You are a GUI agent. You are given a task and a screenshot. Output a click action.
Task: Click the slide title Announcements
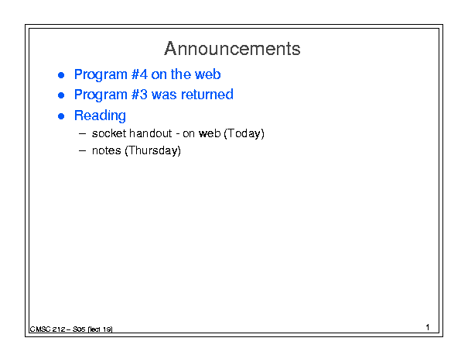pyautogui.click(x=232, y=49)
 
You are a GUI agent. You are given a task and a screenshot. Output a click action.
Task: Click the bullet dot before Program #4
pyautogui.click(x=61, y=75)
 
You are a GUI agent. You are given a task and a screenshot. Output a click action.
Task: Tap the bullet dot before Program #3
pyautogui.click(x=61, y=95)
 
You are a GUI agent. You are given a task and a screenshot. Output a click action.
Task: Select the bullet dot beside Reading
pyautogui.click(x=61, y=116)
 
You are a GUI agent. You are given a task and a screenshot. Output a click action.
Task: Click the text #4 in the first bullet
pyautogui.click(x=139, y=74)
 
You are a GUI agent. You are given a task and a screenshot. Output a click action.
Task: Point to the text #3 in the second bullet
pyautogui.click(x=139, y=95)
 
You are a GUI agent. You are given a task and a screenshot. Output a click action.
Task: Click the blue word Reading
pyautogui.click(x=100, y=116)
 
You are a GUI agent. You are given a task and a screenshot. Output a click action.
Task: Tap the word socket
pyautogui.click(x=109, y=133)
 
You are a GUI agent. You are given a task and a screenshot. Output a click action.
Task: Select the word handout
pyautogui.click(x=150, y=133)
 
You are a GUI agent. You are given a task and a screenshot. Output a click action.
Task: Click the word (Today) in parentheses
pyautogui.click(x=244, y=134)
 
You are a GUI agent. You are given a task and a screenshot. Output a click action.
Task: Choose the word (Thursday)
pyautogui.click(x=153, y=151)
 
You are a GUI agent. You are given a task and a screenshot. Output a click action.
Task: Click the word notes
pyautogui.click(x=106, y=151)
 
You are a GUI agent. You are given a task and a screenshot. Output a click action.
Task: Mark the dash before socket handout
pyautogui.click(x=82, y=134)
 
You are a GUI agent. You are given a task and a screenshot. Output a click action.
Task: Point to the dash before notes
pyautogui.click(x=82, y=151)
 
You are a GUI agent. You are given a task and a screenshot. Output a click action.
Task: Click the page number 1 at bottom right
pyautogui.click(x=428, y=327)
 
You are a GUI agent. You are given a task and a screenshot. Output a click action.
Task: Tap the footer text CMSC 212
pyautogui.click(x=47, y=329)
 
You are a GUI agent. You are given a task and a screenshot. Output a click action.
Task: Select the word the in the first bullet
pyautogui.click(x=180, y=74)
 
